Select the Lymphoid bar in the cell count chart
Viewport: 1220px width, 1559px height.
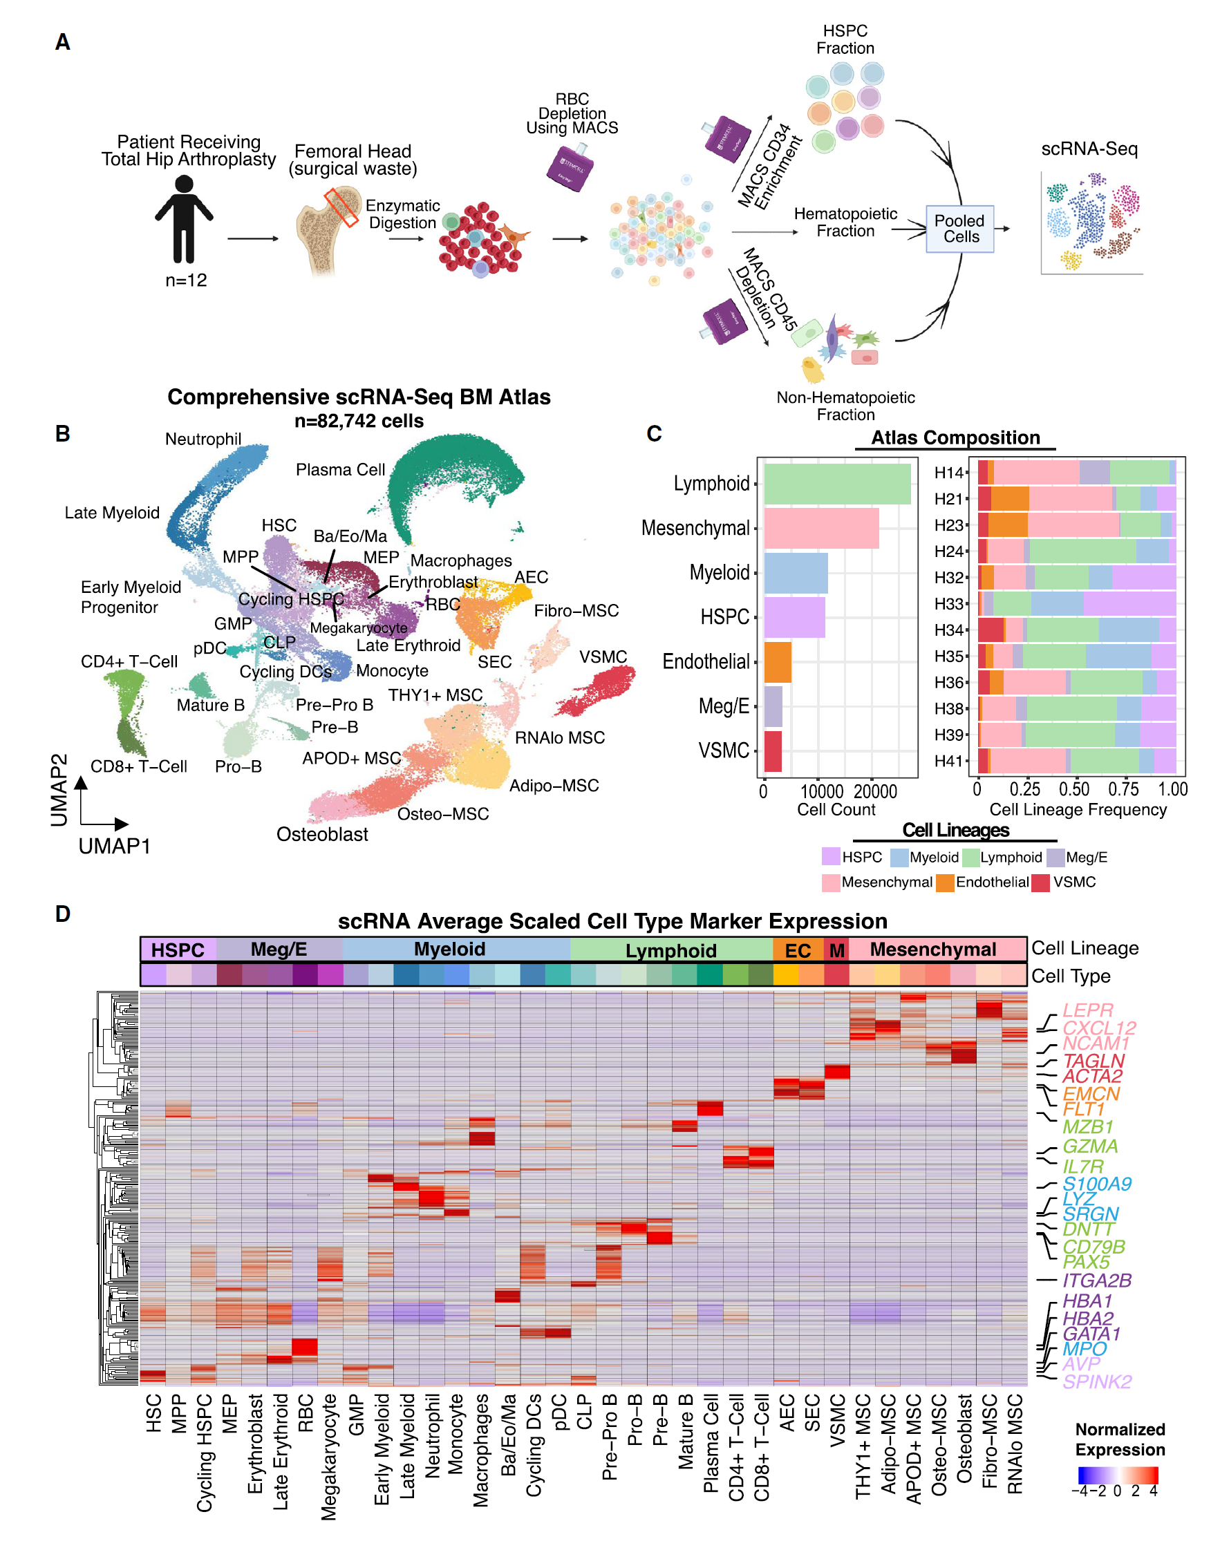(x=836, y=484)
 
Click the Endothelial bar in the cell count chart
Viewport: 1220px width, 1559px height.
(x=777, y=662)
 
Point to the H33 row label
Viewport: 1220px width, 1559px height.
(x=948, y=604)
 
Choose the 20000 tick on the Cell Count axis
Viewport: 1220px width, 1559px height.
(x=875, y=791)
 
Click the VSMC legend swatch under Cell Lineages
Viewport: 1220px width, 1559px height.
(x=1040, y=882)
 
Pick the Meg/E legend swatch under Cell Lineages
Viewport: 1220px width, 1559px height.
(x=1055, y=858)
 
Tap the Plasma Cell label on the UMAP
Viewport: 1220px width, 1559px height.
(x=340, y=470)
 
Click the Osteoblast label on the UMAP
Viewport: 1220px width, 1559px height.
(x=322, y=834)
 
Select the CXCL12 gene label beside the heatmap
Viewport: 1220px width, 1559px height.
(x=1098, y=1028)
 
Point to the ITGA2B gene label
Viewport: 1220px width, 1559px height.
(x=1097, y=1281)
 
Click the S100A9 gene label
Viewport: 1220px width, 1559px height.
(x=1096, y=1184)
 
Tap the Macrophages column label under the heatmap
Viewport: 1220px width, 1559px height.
(x=481, y=1450)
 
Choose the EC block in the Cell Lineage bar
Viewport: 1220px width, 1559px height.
(x=798, y=949)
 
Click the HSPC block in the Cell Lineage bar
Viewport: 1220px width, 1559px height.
(x=178, y=949)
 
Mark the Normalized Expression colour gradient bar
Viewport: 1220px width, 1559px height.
(x=1118, y=1475)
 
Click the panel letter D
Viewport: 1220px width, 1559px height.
(x=63, y=914)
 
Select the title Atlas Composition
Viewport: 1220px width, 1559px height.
(x=955, y=437)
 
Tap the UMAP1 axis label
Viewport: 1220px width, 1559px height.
(x=114, y=847)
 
